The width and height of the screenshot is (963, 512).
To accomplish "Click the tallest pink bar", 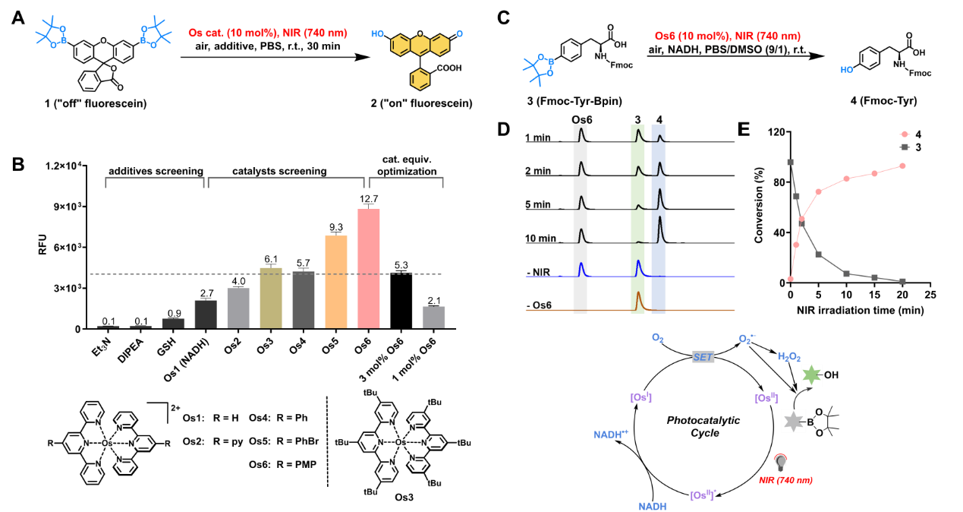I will click(x=368, y=268).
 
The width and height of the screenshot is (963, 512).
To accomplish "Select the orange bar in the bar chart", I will click(x=335, y=281).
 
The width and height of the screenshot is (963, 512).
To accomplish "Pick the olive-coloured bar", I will click(x=270, y=298).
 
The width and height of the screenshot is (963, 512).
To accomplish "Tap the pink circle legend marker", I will click(x=905, y=134).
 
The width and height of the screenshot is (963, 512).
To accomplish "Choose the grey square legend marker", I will click(x=905, y=147).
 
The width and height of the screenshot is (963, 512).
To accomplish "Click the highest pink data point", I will click(x=902, y=166).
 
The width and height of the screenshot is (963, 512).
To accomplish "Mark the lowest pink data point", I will click(x=790, y=279).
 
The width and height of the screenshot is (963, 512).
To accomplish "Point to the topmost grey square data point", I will click(x=790, y=162).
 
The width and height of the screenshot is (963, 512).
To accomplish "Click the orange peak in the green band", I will click(x=638, y=299).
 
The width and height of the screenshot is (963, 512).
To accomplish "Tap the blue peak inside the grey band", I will click(x=581, y=268).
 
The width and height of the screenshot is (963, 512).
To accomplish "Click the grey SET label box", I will click(x=703, y=357).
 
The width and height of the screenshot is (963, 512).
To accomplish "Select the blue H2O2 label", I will click(x=788, y=356).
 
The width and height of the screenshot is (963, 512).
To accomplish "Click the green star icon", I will click(x=811, y=375).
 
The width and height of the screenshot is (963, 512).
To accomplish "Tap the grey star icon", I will click(x=793, y=421).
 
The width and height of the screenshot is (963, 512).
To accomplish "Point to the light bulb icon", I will click(x=781, y=461).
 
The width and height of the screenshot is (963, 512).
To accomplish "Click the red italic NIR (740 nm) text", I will click(x=785, y=480).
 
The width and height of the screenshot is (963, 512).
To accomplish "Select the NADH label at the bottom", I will click(x=653, y=506).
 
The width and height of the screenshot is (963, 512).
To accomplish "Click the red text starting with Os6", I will click(x=727, y=36).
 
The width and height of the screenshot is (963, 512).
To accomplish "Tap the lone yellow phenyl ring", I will click(x=420, y=79).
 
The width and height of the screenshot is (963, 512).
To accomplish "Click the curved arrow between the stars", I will click(x=797, y=397).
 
